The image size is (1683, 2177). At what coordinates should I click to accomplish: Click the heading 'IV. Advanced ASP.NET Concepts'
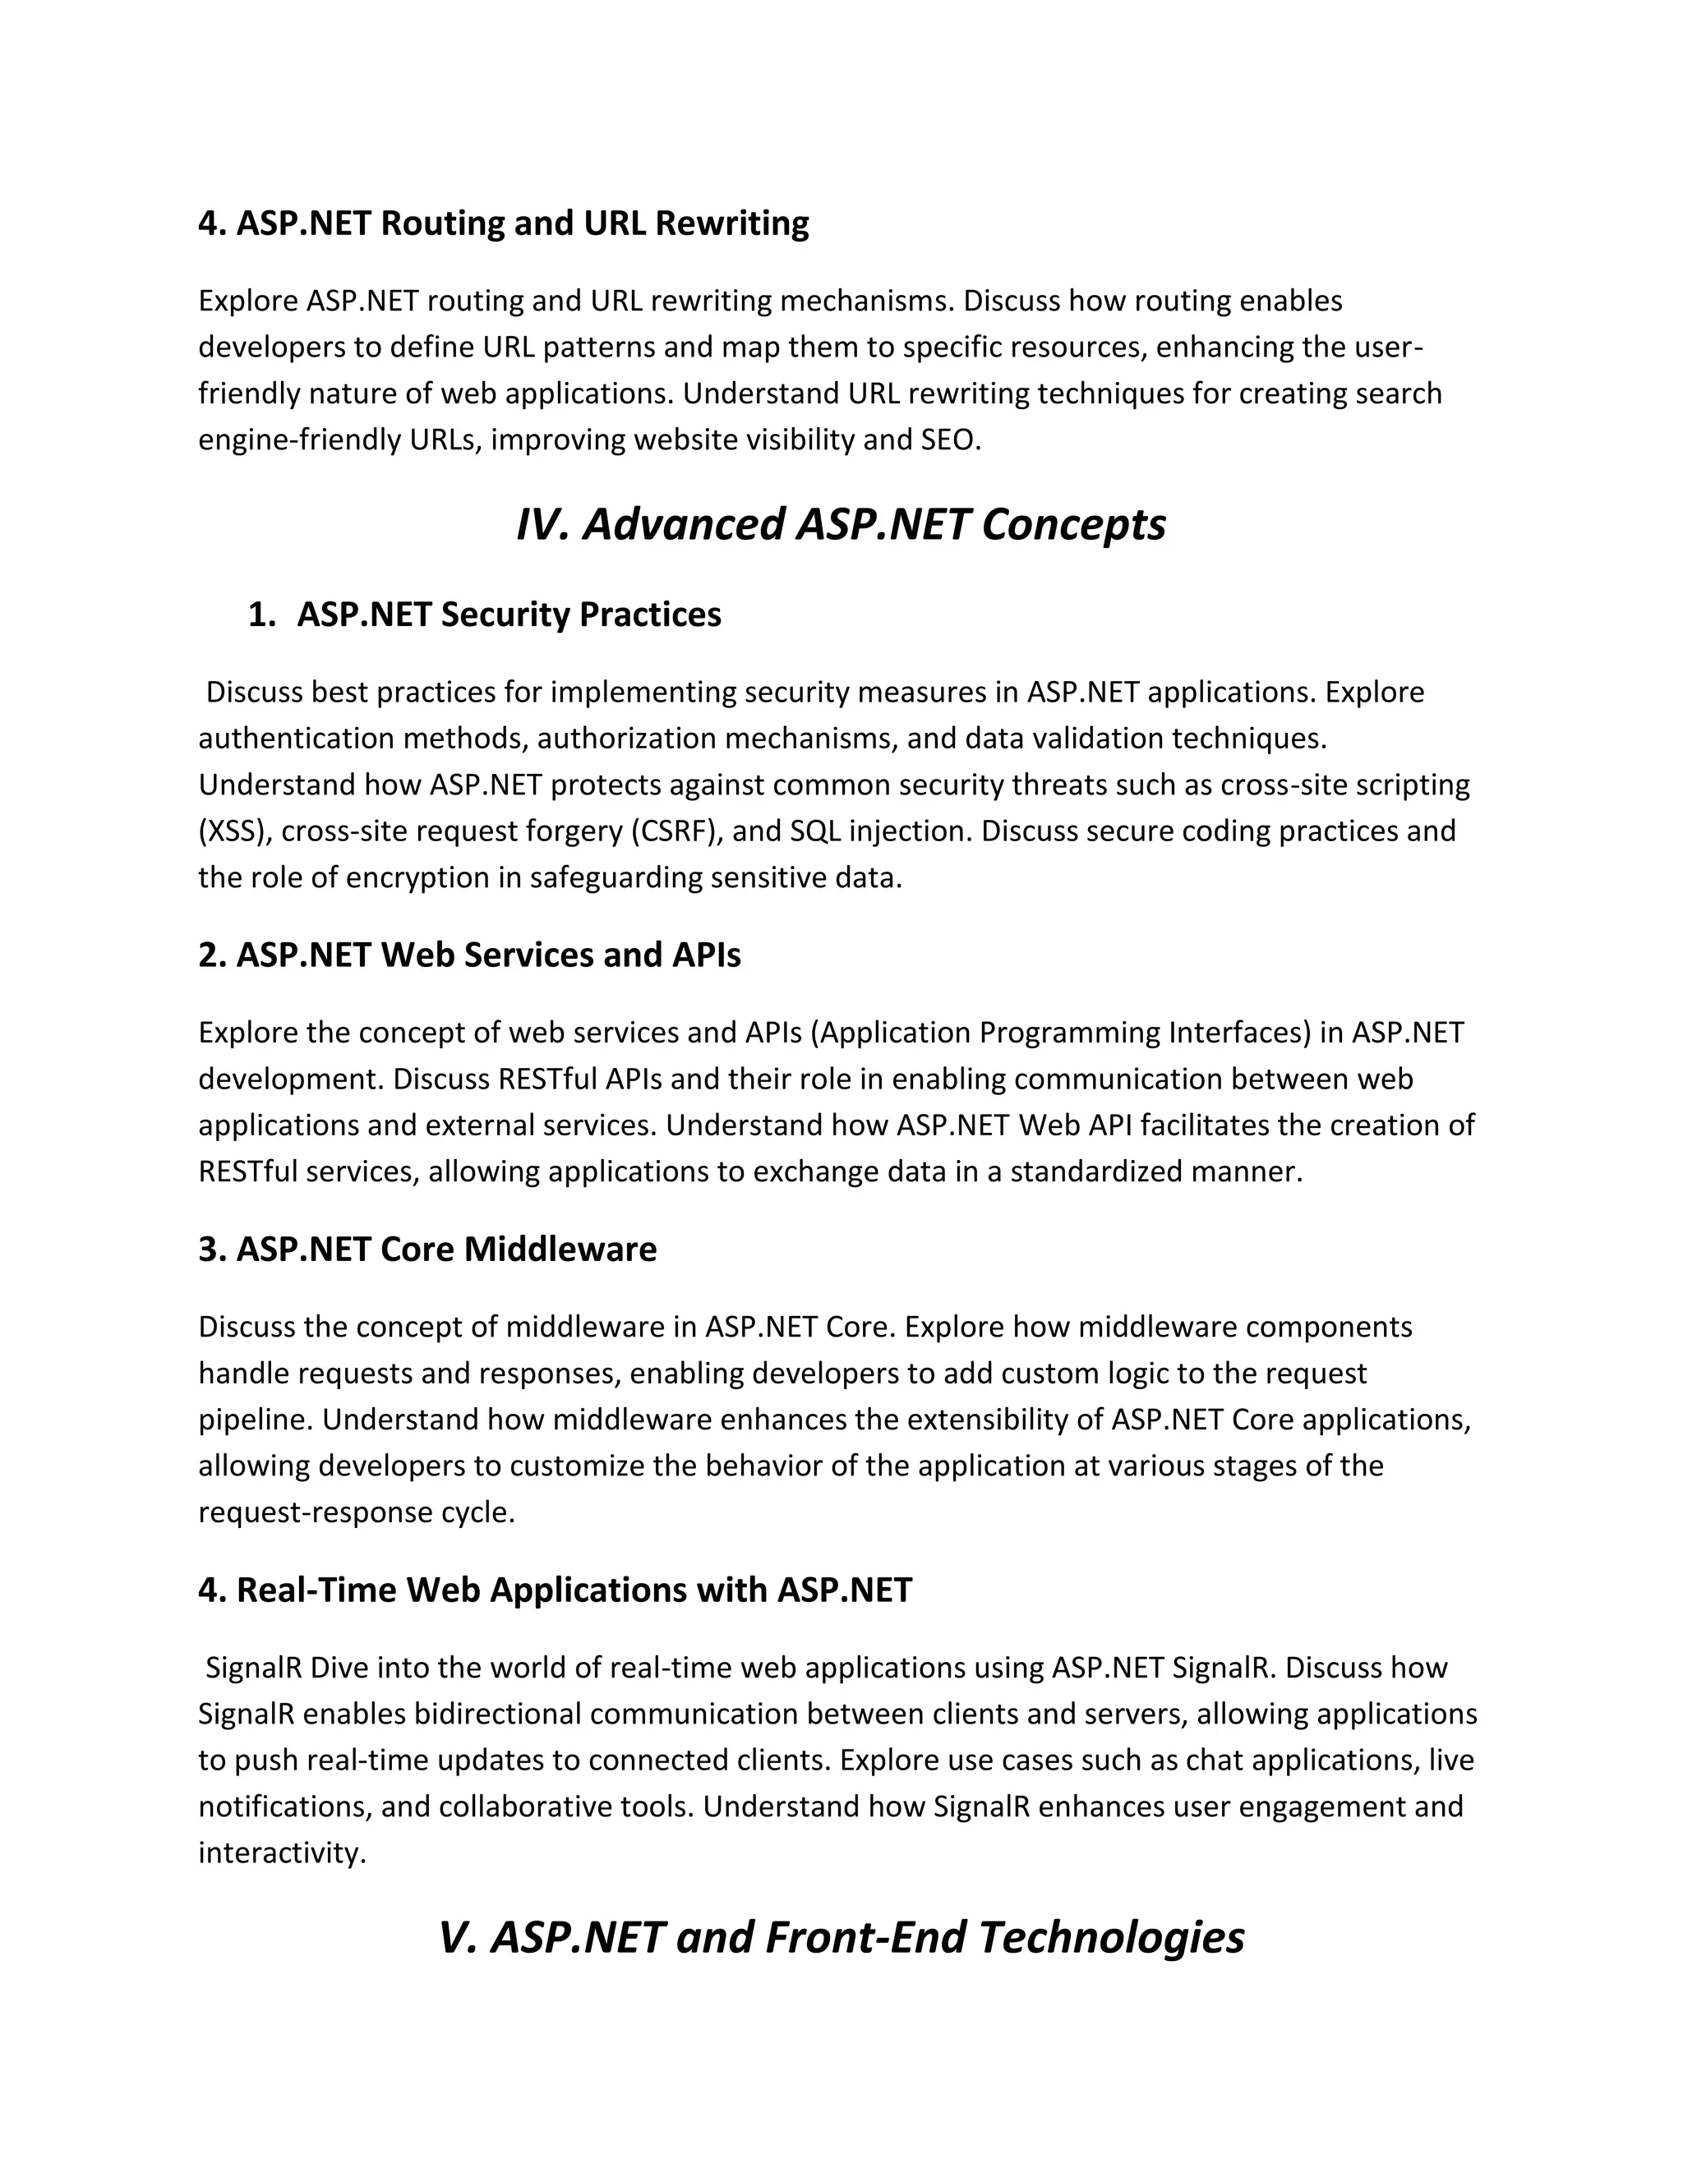841,524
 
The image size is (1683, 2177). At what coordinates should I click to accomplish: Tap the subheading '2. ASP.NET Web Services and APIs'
469,955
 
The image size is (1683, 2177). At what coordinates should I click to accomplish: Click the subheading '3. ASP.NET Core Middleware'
427,1249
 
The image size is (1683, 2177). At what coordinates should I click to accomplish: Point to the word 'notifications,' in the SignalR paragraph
284,1806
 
